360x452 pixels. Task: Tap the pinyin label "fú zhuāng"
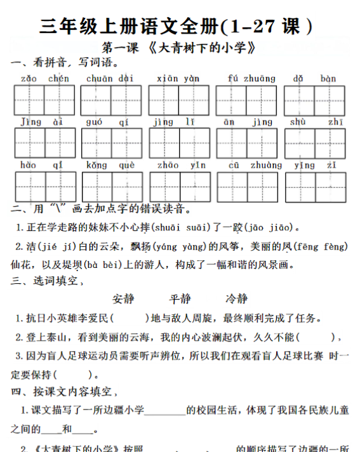[251, 79]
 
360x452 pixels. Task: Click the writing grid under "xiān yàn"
[178, 100]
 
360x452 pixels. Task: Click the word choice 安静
[123, 298]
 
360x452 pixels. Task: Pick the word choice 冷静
[236, 298]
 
